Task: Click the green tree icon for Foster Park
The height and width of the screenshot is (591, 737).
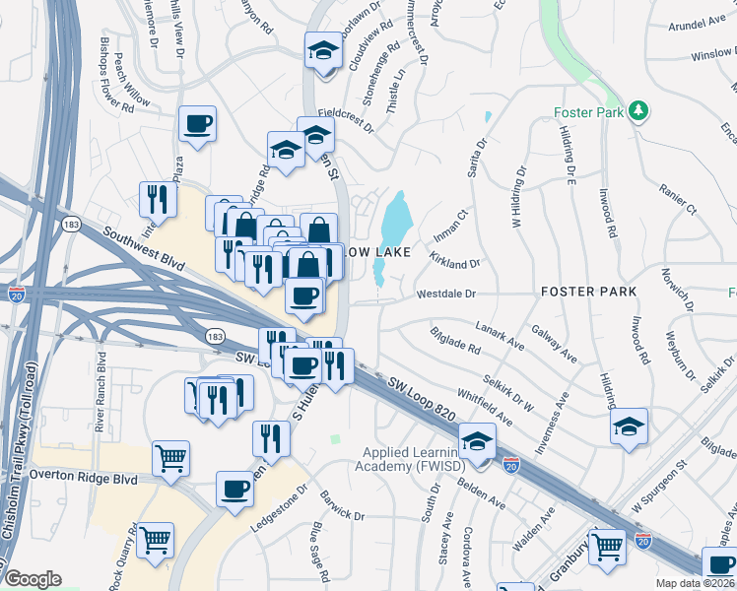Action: click(x=639, y=111)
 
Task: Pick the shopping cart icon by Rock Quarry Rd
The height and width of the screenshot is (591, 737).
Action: click(x=156, y=539)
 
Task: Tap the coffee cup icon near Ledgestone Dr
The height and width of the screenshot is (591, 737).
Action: click(x=235, y=488)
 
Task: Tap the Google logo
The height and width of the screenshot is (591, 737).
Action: click(x=33, y=578)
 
